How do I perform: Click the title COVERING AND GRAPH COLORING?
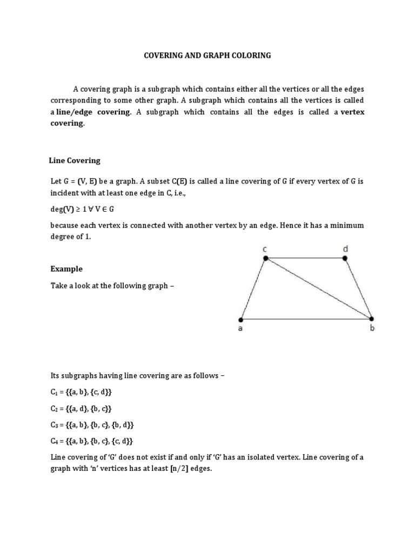pos(207,56)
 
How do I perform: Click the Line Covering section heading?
pos(75,160)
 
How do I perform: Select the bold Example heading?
pos(66,268)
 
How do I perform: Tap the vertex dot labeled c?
pos(265,258)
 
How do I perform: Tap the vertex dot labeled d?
pos(345,258)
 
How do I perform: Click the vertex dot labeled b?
pos(371,319)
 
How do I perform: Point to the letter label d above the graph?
pos(345,248)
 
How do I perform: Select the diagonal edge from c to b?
pos(318,288)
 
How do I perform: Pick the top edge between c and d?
pos(305,258)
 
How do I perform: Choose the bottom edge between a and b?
pos(306,319)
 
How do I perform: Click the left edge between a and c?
pos(253,288)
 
